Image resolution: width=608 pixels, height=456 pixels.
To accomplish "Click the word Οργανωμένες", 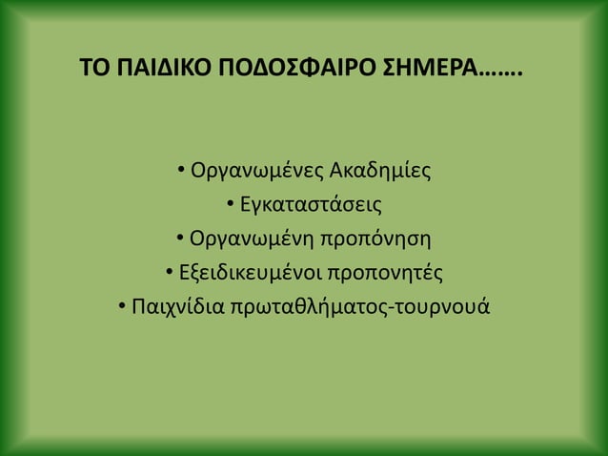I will click(257, 174).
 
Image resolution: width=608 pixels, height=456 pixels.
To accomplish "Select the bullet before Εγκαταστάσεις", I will click(231, 204).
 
